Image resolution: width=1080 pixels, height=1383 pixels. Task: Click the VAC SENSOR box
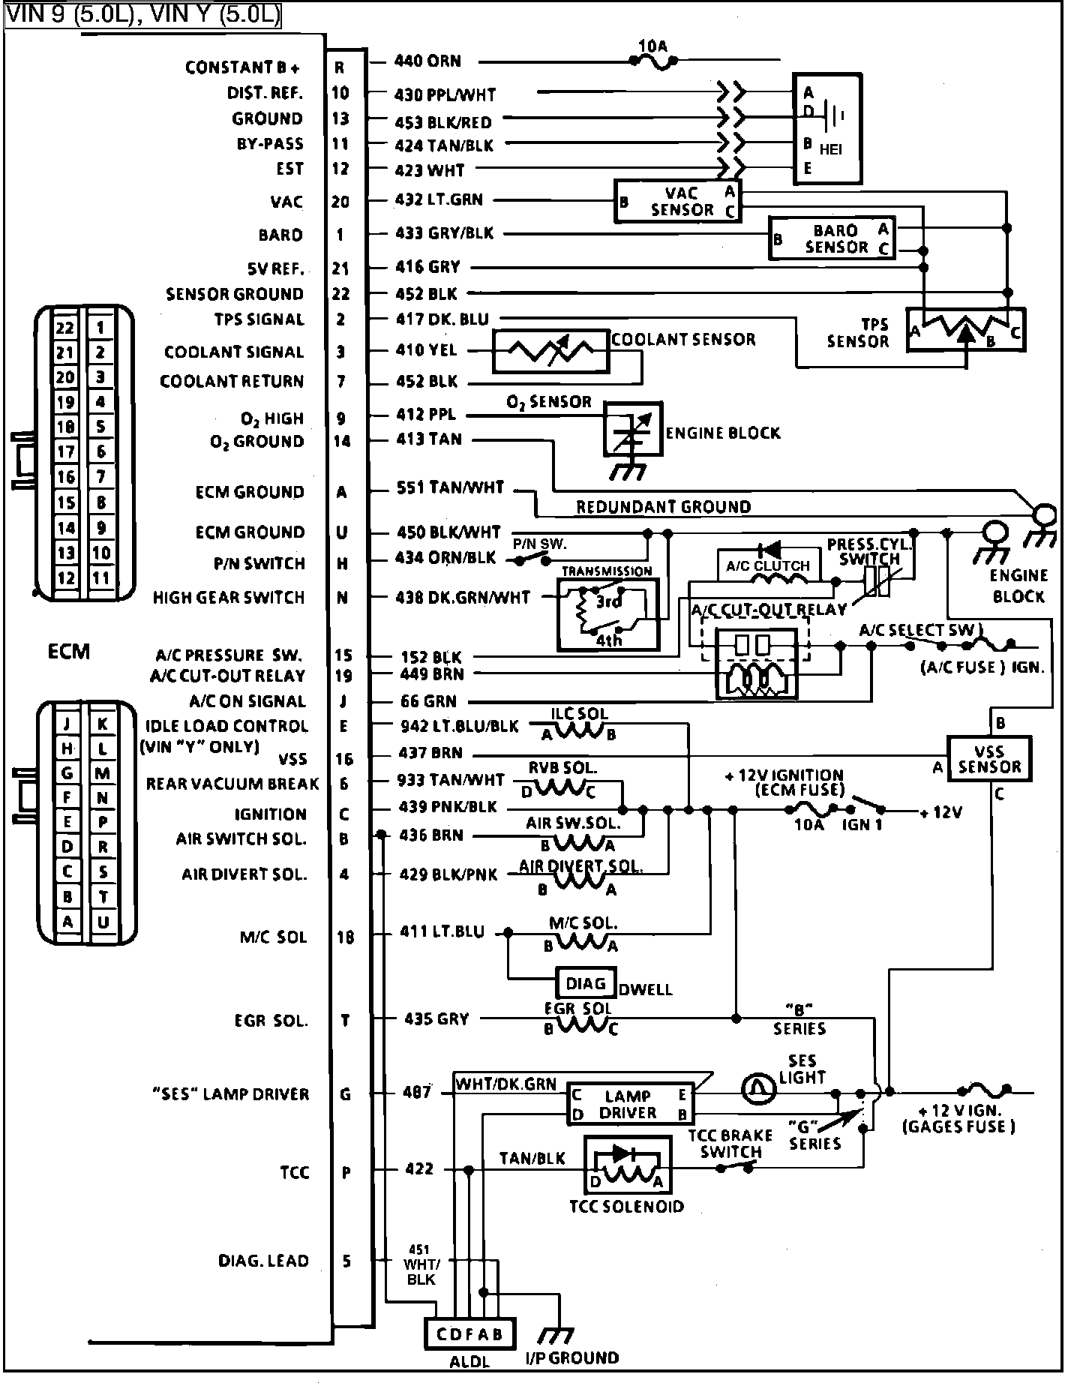(x=678, y=201)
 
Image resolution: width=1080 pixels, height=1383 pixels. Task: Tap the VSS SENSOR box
(x=988, y=759)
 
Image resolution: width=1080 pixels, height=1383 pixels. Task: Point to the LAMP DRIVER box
(x=628, y=1104)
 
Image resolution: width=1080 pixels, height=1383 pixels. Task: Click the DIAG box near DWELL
(x=585, y=983)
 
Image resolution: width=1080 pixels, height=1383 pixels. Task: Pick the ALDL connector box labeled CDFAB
(x=469, y=1334)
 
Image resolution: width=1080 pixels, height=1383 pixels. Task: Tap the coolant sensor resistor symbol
(x=550, y=351)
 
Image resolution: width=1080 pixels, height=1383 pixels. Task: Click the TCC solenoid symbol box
(x=627, y=1168)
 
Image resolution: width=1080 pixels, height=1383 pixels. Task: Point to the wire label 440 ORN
(x=427, y=61)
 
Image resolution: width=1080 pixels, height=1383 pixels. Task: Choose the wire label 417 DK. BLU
(x=442, y=319)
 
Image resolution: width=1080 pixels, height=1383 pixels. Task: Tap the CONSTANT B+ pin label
(x=242, y=68)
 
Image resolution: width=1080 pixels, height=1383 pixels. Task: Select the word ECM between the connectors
(x=68, y=651)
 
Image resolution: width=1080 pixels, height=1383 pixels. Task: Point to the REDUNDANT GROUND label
(x=663, y=507)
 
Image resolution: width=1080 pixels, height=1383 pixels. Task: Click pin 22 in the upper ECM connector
(x=66, y=328)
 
